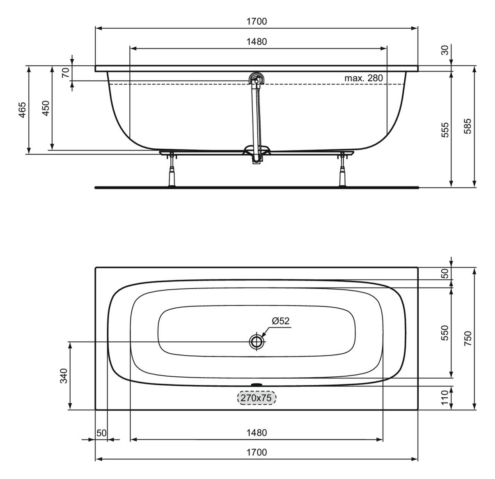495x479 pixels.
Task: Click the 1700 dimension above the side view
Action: click(257, 21)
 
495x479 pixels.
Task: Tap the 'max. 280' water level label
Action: click(363, 78)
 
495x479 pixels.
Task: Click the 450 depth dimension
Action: click(46, 108)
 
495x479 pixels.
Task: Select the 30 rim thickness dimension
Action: click(445, 50)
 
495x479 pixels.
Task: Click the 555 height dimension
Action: click(445, 129)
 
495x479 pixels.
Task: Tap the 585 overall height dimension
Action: click(468, 126)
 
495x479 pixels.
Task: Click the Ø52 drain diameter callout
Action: click(280, 321)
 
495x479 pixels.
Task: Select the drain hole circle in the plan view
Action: click(257, 341)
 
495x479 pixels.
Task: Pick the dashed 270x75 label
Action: click(257, 398)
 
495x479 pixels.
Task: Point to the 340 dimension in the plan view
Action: click(64, 375)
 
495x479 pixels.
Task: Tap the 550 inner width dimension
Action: click(445, 333)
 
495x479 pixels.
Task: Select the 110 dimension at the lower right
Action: click(445, 398)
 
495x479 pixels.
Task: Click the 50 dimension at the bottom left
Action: click(101, 433)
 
